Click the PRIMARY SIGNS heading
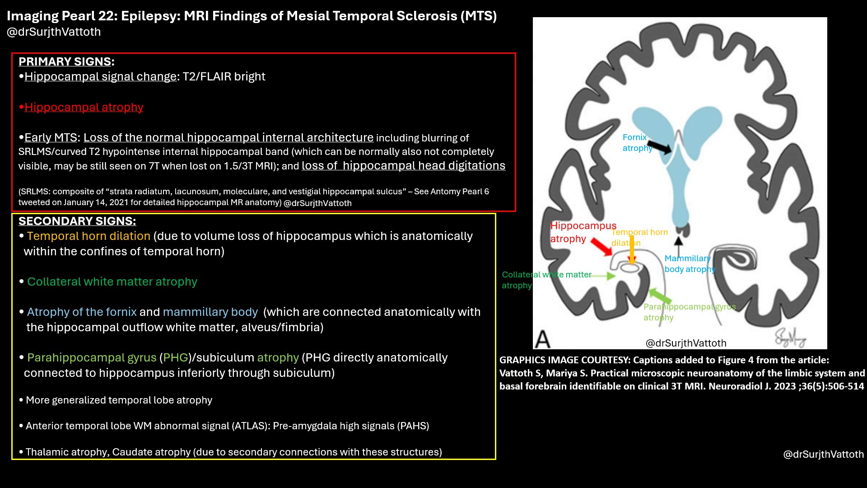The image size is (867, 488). tap(66, 61)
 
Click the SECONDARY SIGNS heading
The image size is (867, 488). tap(77, 221)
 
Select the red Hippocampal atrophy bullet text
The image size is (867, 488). tap(84, 107)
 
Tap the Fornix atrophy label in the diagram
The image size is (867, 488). tap(637, 143)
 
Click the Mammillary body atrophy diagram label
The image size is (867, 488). tap(689, 264)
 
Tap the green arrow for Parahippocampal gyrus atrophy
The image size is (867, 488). tap(661, 296)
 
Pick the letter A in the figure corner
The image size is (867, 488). tap(543, 339)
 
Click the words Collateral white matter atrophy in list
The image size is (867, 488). tap(112, 282)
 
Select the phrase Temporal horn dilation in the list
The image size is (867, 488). tap(89, 236)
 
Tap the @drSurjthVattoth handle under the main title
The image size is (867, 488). tap(54, 32)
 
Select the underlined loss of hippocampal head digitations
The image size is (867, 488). tap(403, 166)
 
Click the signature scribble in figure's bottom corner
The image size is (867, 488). tap(790, 337)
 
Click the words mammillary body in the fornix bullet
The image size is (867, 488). tap(210, 312)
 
